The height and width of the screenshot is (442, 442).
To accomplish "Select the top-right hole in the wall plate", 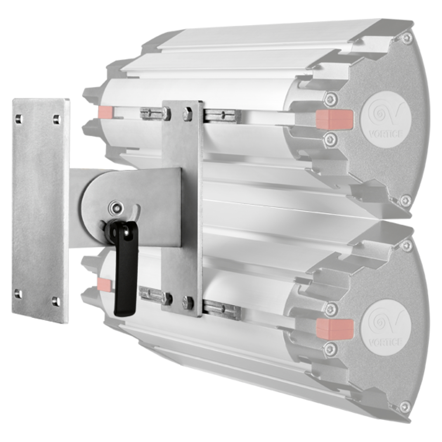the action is pyautogui.click(x=57, y=120).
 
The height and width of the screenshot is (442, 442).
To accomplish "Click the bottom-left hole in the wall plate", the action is pyautogui.click(x=18, y=294).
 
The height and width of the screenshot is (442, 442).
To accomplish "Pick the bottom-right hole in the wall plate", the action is pyautogui.click(x=55, y=301).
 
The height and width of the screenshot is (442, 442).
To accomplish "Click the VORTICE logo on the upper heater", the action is pyautogui.click(x=385, y=119).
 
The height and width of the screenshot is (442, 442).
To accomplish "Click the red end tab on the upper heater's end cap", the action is pyautogui.click(x=334, y=119).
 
